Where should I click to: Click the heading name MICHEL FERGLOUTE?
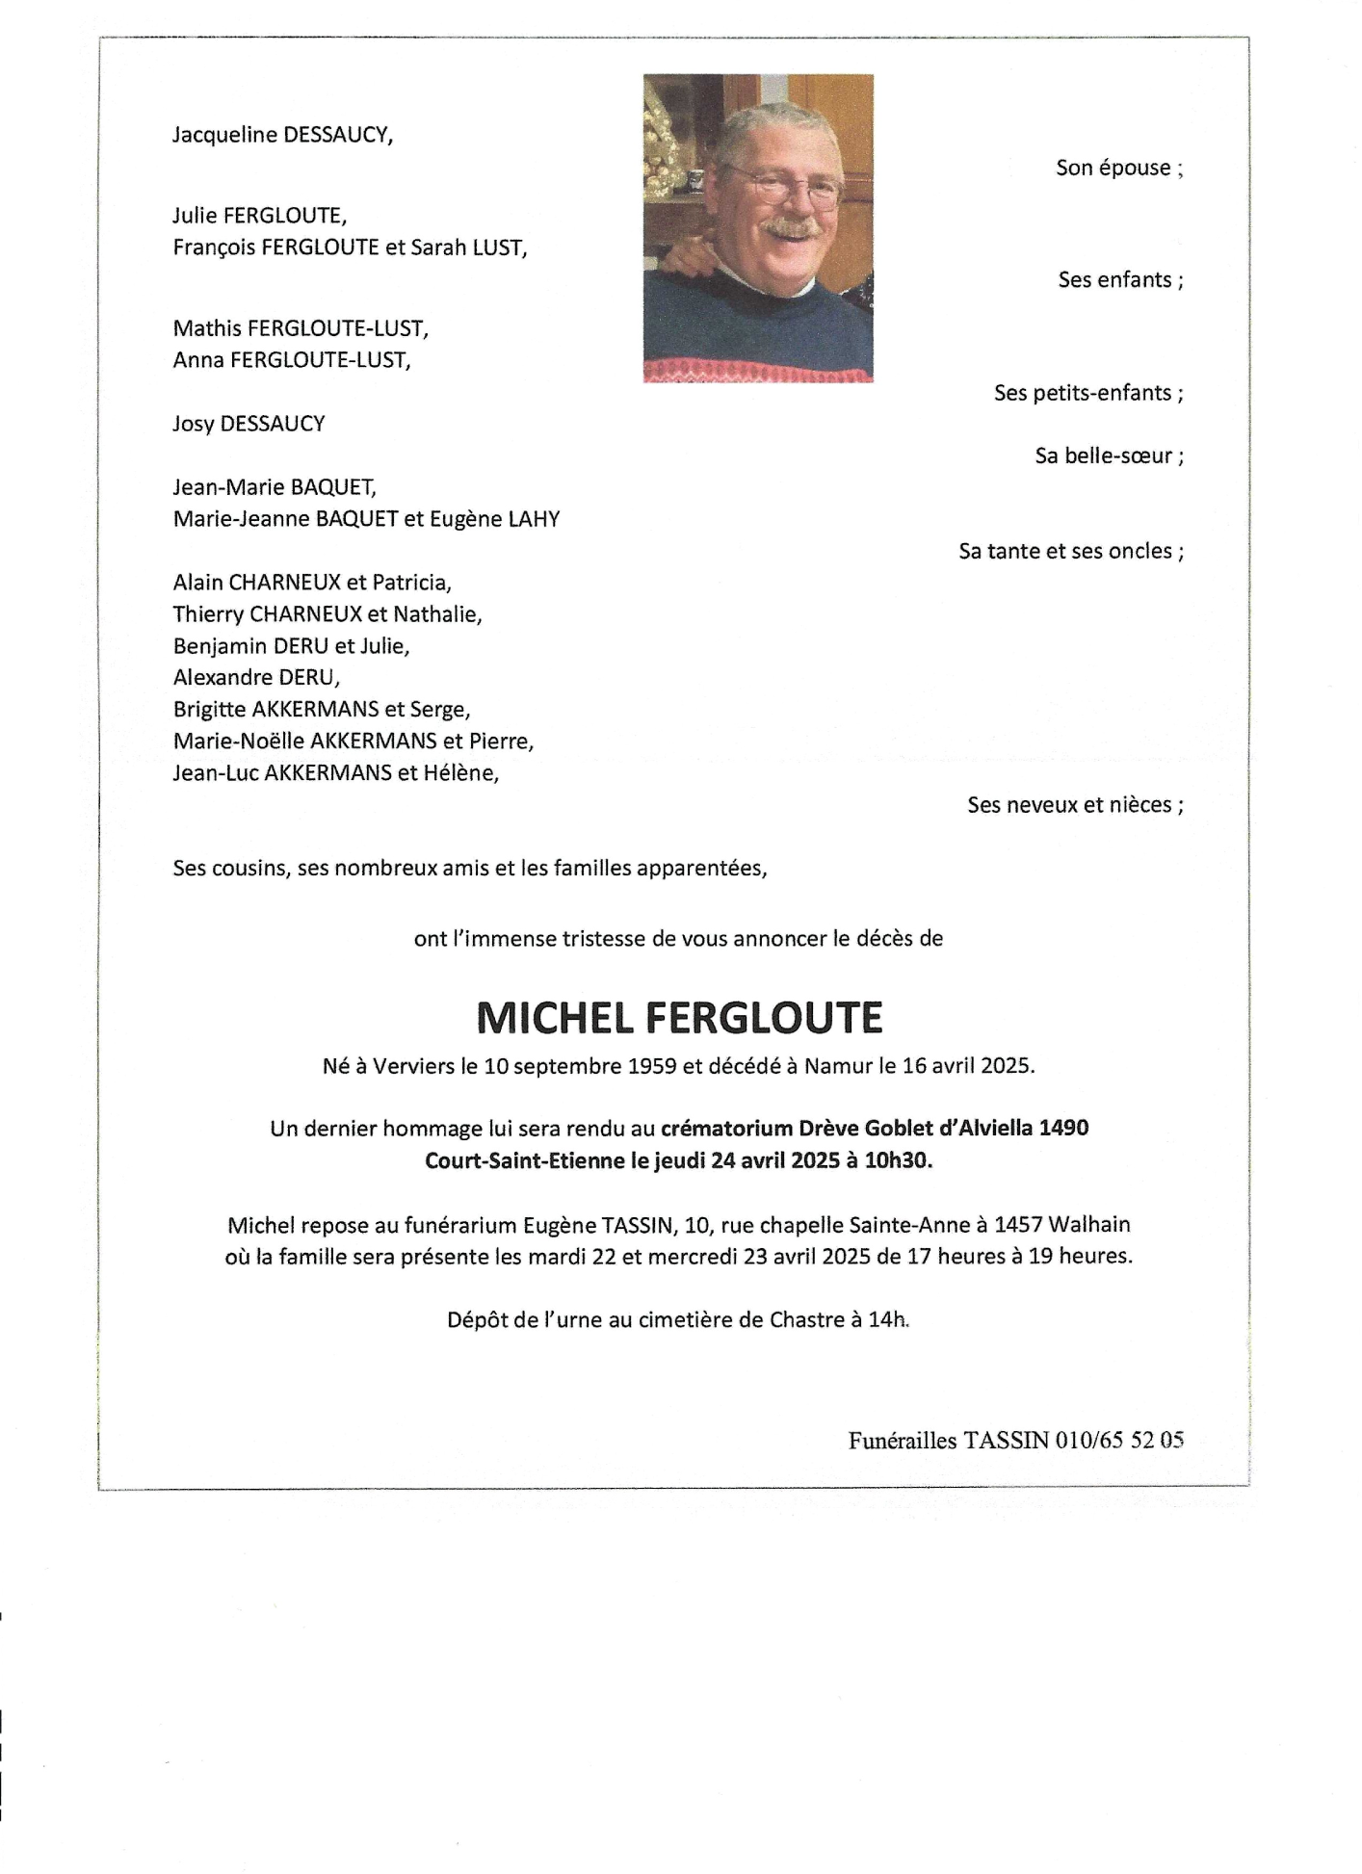(679, 1018)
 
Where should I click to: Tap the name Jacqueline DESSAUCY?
(282, 135)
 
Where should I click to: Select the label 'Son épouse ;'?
(1119, 168)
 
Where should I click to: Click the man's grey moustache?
(791, 227)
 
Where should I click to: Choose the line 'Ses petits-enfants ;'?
(1088, 393)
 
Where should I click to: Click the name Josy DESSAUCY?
(249, 424)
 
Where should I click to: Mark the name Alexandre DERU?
(256, 677)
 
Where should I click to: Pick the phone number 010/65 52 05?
(1119, 1440)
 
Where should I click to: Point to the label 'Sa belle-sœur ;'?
(1109, 455)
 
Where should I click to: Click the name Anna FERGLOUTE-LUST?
(291, 360)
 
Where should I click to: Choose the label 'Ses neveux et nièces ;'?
(1075, 805)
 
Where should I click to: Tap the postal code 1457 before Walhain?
(1018, 1225)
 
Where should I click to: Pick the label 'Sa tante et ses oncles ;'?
(1070, 551)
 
